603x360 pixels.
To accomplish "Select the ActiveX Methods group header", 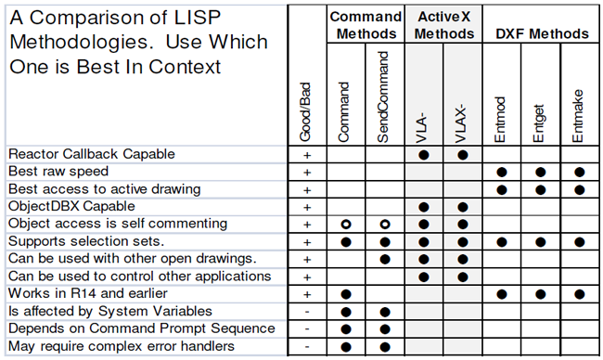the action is click(443, 25).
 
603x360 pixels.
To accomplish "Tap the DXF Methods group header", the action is click(541, 33).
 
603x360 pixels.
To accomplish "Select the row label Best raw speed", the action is click(58, 172).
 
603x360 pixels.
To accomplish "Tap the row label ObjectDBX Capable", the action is click(71, 206).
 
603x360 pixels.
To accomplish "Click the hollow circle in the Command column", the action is click(345, 224).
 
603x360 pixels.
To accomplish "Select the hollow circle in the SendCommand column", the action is click(384, 224).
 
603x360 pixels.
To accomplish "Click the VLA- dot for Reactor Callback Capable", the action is click(423, 154).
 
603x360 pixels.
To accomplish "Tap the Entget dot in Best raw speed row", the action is click(540, 172).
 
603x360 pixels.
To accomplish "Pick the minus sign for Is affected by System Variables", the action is click(306, 311).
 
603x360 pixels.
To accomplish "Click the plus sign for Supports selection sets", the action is click(306, 241).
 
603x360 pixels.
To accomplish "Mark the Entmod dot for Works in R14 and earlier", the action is click(501, 293).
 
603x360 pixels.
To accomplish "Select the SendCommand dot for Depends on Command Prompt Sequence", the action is click(384, 328).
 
